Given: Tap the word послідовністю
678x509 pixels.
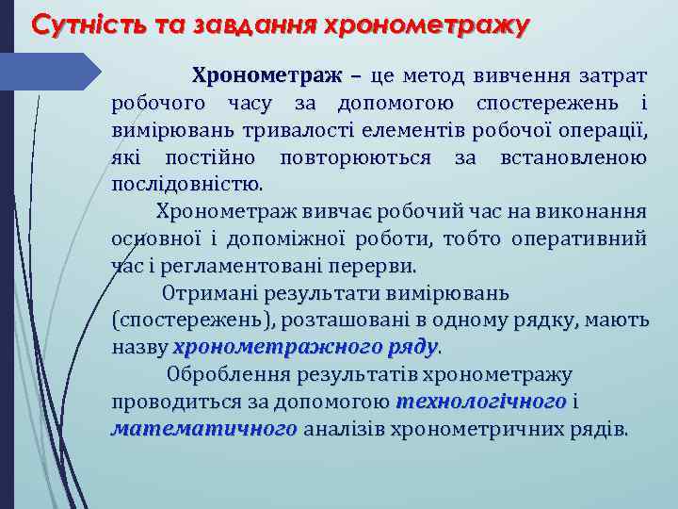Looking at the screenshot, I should coord(187,183).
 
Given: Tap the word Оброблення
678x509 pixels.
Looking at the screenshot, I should coord(227,376).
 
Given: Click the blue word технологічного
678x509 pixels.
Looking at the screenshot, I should coord(481,402).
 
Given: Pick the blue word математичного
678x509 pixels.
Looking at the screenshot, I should coord(204,430).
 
